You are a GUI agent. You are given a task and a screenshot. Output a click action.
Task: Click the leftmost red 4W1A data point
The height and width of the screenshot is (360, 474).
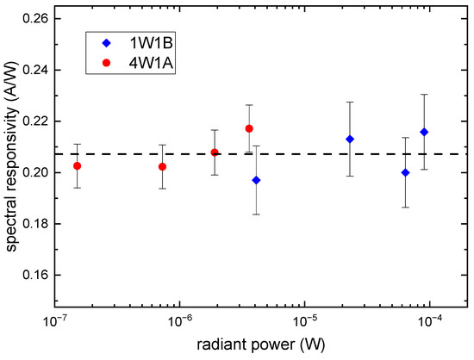[78, 165]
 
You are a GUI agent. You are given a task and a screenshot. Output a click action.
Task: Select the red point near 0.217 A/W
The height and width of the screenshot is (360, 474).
[249, 128]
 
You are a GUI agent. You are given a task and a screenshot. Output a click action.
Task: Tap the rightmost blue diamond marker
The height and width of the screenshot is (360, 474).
[423, 132]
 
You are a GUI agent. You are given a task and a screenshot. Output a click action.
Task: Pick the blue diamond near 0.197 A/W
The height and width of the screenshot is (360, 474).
[256, 180]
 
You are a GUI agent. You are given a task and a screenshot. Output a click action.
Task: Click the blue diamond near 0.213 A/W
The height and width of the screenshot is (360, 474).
[350, 139]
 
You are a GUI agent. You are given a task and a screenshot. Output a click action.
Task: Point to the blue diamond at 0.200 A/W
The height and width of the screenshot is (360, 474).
[406, 172]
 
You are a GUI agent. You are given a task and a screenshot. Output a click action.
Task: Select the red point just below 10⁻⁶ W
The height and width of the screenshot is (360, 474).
[162, 166]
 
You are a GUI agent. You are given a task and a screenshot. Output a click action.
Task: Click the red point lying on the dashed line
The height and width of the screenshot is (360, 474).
[215, 152]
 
